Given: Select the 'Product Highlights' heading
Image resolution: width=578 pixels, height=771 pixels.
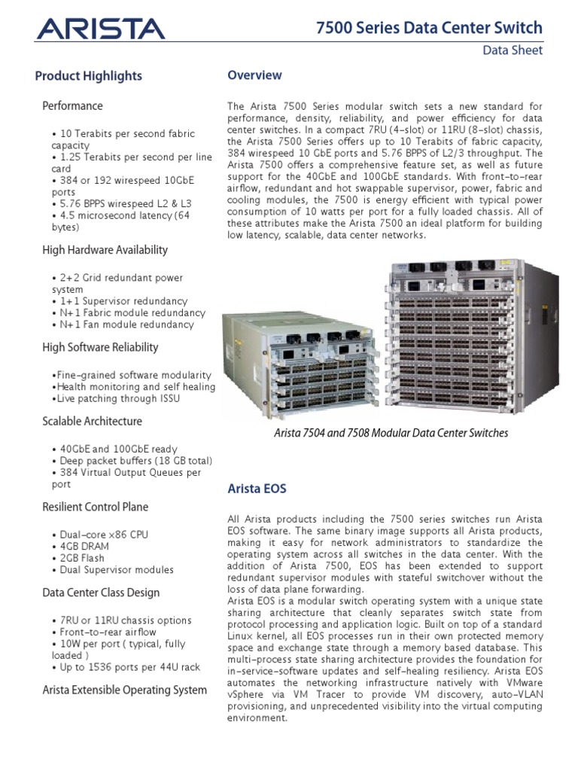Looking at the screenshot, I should (88, 76).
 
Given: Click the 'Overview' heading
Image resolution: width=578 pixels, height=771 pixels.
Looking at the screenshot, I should (254, 75).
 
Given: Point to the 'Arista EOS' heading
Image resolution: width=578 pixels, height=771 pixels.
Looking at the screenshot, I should (257, 489).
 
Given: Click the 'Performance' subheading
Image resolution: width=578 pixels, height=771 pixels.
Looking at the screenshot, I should (72, 106).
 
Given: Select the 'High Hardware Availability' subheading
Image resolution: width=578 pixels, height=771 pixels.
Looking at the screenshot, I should (105, 250).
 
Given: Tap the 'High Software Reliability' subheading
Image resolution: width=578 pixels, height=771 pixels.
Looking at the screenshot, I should (100, 347).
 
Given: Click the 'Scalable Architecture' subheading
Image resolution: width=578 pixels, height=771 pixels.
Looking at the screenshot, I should (92, 421).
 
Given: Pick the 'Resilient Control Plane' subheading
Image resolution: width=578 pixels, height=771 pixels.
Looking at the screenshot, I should (96, 507).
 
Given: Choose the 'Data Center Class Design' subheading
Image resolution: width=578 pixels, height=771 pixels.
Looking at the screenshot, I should (101, 593).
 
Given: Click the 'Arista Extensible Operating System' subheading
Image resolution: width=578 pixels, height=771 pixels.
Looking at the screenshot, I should (124, 690).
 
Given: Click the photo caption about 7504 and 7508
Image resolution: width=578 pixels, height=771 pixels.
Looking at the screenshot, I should (390, 433).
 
